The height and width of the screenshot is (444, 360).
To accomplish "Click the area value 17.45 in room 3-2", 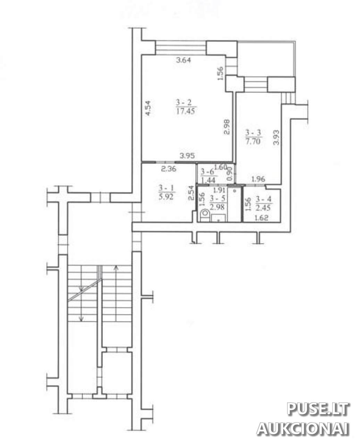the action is [x=185, y=111].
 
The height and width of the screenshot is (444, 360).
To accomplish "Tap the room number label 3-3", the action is [x=253, y=133].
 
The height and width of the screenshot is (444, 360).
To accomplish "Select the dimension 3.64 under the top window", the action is [x=183, y=60].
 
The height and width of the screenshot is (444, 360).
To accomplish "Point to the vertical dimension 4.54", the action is [x=148, y=108].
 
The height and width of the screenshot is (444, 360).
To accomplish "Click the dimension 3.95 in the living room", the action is [x=187, y=156].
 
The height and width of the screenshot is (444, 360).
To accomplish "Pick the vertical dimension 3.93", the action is [x=276, y=138].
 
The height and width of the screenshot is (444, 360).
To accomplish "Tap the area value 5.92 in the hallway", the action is [x=166, y=197].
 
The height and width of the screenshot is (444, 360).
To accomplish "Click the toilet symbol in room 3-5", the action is [x=204, y=215].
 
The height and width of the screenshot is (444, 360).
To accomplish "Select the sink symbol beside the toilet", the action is [x=218, y=217].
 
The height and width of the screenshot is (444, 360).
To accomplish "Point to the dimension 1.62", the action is [x=261, y=218].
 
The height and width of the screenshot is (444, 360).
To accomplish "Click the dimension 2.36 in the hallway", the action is [x=169, y=169].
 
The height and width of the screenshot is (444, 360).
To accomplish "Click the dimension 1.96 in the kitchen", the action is [x=258, y=179].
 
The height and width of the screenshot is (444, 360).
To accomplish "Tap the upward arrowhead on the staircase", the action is [x=116, y=267].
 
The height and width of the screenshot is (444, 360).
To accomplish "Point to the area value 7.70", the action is [x=253, y=141].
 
